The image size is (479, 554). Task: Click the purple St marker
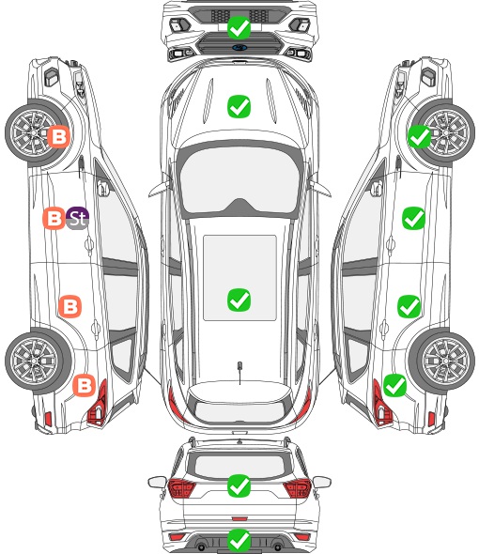(x=77, y=218)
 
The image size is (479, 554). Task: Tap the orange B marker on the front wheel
(x=58, y=136)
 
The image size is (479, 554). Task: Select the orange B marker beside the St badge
(x=54, y=218)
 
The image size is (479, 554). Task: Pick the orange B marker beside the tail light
(x=85, y=385)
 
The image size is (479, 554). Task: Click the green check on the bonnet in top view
(x=239, y=106)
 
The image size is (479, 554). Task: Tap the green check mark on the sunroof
(x=239, y=300)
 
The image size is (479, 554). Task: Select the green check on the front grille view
(x=239, y=27)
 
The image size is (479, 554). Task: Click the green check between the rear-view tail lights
(x=239, y=485)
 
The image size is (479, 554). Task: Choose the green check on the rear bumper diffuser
(x=239, y=540)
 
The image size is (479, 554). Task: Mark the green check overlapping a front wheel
(x=420, y=136)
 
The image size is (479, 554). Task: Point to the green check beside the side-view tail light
(x=394, y=385)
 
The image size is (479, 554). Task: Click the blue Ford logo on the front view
(x=239, y=48)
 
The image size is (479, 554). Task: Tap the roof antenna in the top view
(x=239, y=372)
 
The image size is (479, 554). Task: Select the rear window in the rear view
(x=239, y=466)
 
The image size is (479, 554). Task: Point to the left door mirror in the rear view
(x=157, y=482)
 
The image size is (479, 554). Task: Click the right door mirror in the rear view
(x=322, y=482)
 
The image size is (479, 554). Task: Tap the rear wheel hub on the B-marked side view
(x=34, y=361)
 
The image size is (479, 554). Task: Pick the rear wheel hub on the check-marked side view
(x=445, y=361)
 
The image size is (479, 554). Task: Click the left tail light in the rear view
(x=181, y=488)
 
